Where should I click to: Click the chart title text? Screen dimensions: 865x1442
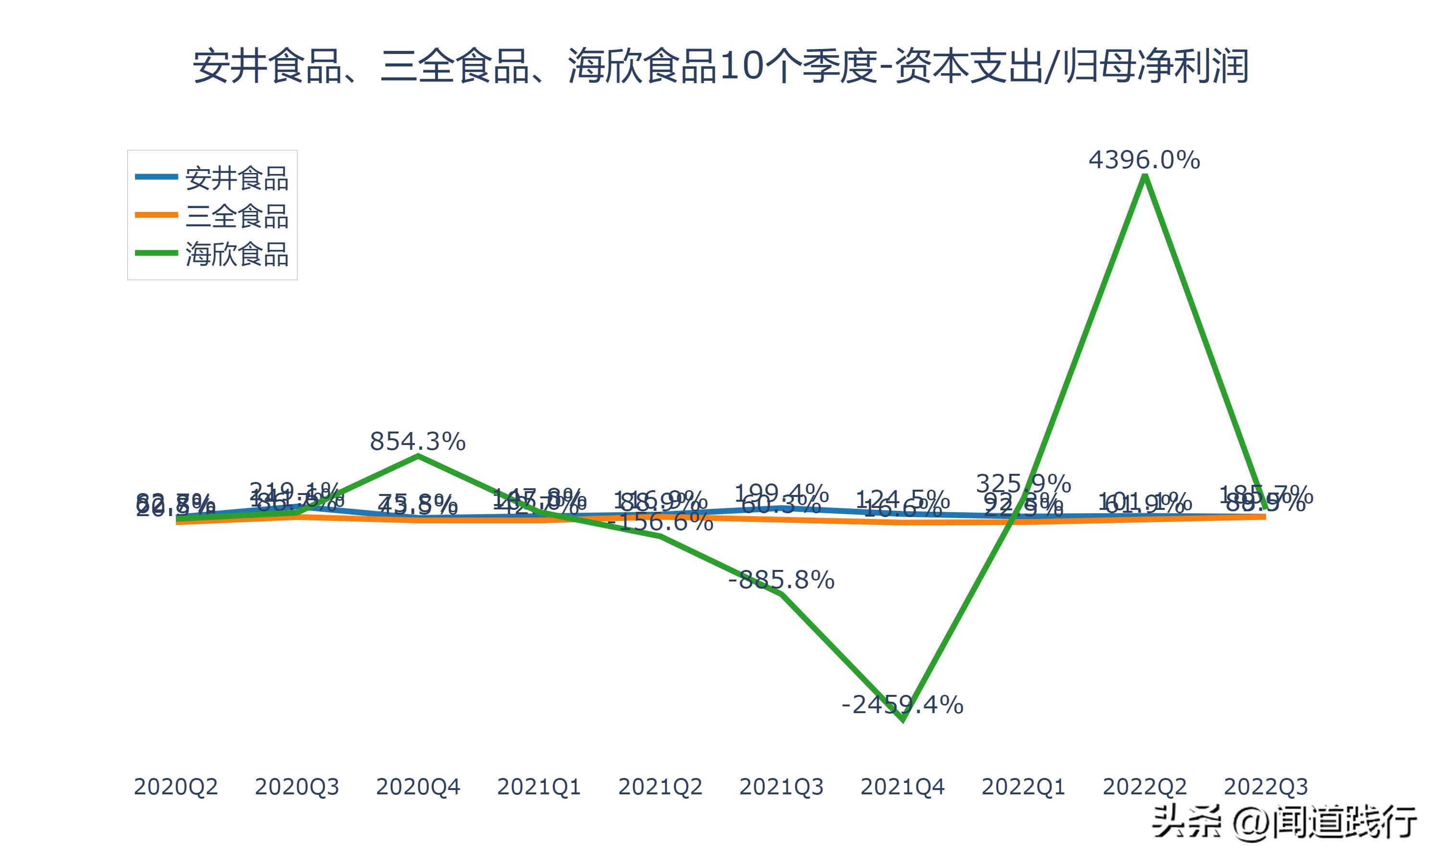tap(721, 66)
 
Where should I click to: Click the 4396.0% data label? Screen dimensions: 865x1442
tap(1144, 160)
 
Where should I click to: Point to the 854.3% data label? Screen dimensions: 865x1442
tap(417, 442)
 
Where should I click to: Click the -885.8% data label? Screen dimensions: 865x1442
tap(781, 580)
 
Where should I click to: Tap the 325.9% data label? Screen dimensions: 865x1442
tap(1023, 483)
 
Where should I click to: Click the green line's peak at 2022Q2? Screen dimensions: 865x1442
tap(1145, 175)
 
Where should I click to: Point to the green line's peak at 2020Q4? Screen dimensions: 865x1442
tap(418, 456)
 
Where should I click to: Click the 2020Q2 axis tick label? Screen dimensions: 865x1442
tap(175, 787)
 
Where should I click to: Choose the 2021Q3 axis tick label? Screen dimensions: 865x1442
tap(781, 787)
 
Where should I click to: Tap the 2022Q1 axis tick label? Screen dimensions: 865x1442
tap(1023, 787)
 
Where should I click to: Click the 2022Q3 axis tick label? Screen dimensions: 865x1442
tap(1266, 787)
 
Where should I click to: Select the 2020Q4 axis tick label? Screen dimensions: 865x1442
tap(417, 787)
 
